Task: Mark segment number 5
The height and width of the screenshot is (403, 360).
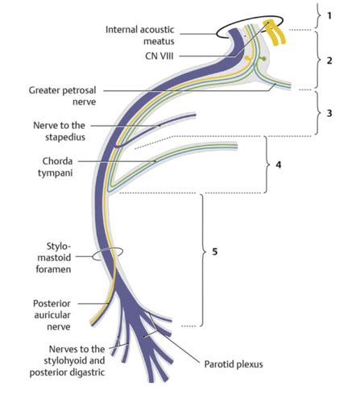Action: point(215,253)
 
